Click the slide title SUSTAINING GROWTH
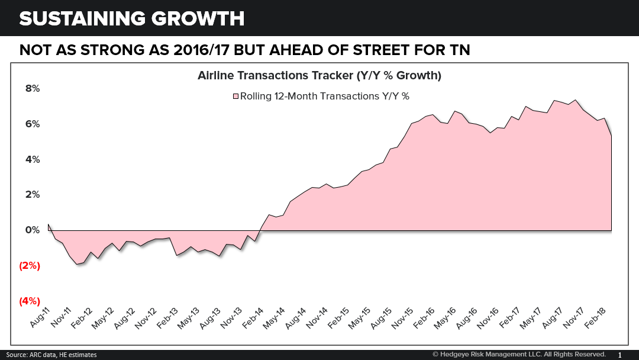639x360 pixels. point(131,18)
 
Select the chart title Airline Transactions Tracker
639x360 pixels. point(319,76)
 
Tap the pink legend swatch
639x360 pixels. point(235,96)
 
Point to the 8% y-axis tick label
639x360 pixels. point(32,88)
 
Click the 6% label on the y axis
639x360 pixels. point(32,124)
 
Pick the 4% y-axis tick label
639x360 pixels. point(32,159)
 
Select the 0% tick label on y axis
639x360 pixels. point(32,230)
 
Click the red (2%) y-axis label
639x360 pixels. point(30,265)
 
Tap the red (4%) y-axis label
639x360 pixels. point(30,301)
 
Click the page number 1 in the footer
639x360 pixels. point(619,355)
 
